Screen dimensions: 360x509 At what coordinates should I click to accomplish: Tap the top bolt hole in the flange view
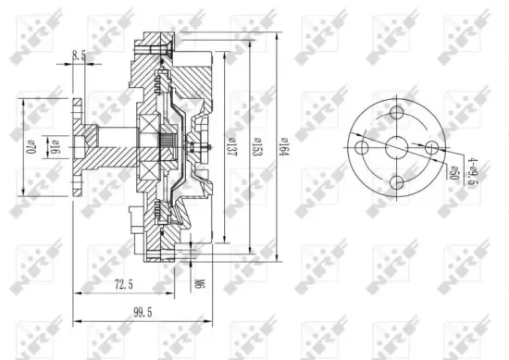397,113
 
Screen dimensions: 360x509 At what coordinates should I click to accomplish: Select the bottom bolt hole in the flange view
397,181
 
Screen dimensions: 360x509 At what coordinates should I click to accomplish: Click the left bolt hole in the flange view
363,147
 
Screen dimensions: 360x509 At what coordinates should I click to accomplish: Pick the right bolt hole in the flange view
431,147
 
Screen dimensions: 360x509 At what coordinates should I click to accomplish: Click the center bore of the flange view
397,147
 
